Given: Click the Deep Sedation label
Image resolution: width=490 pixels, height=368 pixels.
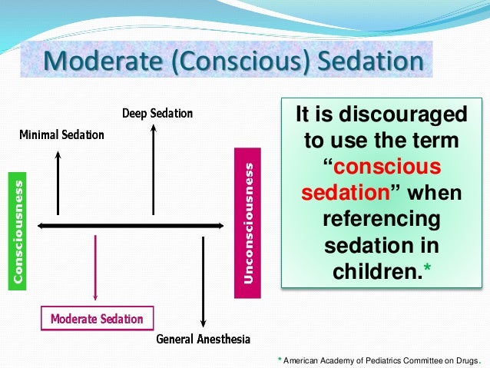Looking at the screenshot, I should pyautogui.click(x=157, y=114).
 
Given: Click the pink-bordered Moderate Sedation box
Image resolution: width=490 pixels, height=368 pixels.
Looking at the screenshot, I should pyautogui.click(x=97, y=318).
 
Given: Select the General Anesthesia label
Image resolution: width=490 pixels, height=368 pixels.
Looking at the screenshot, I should pyautogui.click(x=203, y=339).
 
